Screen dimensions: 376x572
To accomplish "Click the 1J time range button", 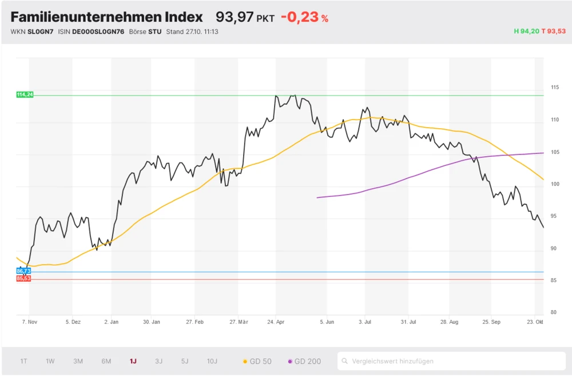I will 133,361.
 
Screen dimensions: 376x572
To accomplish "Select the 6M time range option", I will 106,361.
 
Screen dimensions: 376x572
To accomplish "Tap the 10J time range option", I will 212,361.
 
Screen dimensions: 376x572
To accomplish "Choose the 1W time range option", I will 50,361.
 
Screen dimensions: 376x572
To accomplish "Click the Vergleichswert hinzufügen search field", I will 452,361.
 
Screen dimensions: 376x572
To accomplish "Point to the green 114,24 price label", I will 25,94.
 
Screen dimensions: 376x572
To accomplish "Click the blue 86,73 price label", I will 23,271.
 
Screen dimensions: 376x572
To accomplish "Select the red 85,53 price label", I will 23,278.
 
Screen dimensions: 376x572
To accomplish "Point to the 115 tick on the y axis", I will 554,88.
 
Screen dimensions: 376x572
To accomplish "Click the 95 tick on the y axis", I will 554,216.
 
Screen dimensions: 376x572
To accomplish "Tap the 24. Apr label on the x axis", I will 276,322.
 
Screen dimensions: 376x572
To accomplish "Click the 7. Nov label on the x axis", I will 30,322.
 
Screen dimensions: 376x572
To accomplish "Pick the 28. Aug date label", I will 450,322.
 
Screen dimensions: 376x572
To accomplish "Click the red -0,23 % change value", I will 304,17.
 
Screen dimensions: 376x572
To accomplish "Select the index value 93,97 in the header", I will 235,17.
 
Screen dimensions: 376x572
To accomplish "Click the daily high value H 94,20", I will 526,31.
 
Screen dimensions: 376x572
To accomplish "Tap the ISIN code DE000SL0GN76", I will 98,31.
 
